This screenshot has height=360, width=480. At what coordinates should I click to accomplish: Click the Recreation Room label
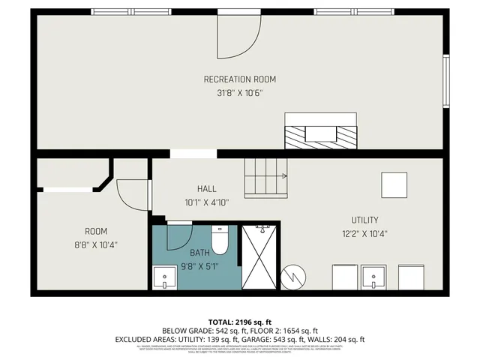pyautogui.click(x=240, y=79)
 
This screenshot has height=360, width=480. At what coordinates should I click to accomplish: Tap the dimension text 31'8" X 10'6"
pyautogui.click(x=240, y=94)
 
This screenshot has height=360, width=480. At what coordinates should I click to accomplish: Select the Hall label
pyautogui.click(x=207, y=188)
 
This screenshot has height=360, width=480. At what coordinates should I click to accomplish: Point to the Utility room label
pyautogui.click(x=365, y=220)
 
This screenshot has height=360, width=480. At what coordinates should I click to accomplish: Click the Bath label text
pyautogui.click(x=199, y=253)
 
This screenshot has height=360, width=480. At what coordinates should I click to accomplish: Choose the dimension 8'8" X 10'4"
pyautogui.click(x=96, y=244)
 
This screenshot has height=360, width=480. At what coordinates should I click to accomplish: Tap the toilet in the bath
pyautogui.click(x=220, y=241)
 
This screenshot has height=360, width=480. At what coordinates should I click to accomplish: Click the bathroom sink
pyautogui.click(x=164, y=279)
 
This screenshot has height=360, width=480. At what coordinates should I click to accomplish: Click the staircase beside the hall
pyautogui.click(x=266, y=178)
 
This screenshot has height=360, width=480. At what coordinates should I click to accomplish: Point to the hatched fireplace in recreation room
pyautogui.click(x=320, y=133)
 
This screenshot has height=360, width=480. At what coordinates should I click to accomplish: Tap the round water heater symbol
pyautogui.click(x=294, y=277)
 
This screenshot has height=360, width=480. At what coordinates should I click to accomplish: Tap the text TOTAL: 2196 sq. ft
pyautogui.click(x=240, y=321)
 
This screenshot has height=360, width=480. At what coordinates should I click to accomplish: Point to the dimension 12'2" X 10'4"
pyautogui.click(x=365, y=233)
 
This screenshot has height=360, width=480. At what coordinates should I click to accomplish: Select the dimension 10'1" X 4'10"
pyautogui.click(x=207, y=202)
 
